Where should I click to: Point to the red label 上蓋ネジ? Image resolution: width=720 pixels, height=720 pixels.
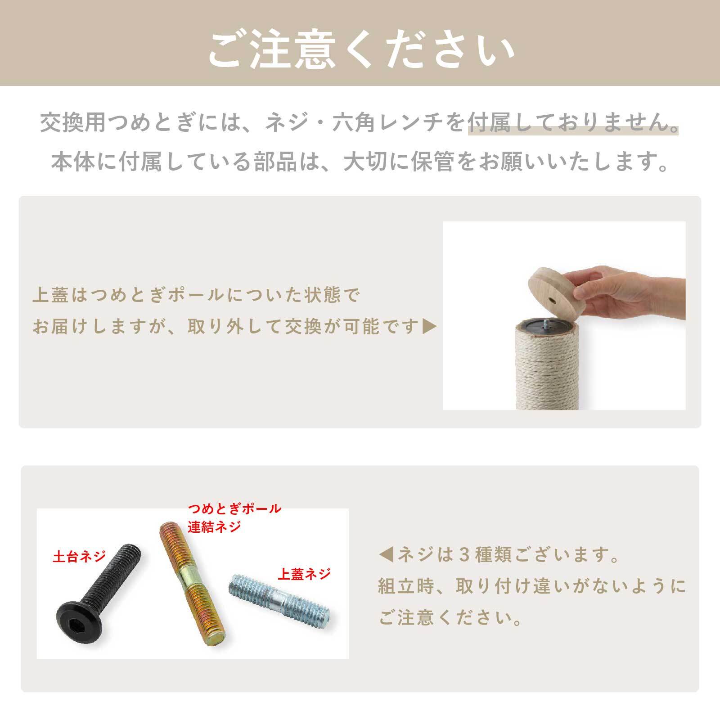tap(304, 574)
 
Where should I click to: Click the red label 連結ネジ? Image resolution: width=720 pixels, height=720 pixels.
tap(215, 526)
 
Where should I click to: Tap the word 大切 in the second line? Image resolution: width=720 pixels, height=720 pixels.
tap(365, 162)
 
